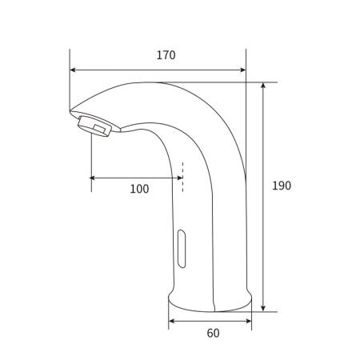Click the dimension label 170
coord(166,55)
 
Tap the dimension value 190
coord(282,186)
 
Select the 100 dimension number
coord(139,189)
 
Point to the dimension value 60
coord(213,333)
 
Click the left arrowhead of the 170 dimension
coord(73,70)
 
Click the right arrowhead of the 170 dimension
coord(243,70)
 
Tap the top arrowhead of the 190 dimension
coord(263,86)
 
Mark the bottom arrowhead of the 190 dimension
coord(263,308)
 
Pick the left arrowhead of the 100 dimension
coord(93,178)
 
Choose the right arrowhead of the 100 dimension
coord(180,178)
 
